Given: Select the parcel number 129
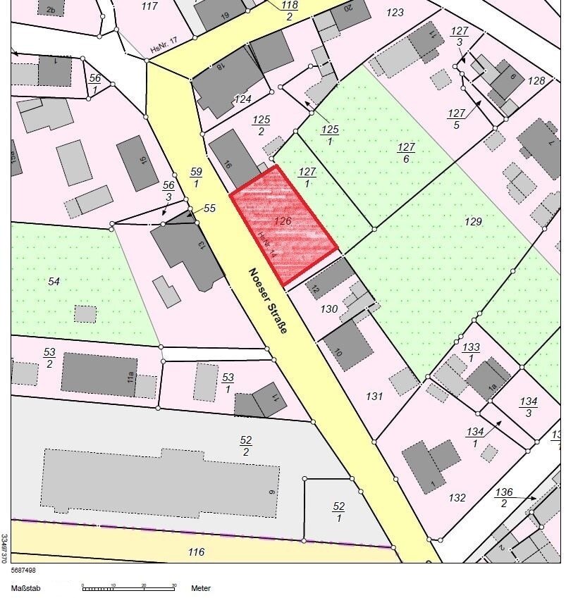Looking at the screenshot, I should [473, 222].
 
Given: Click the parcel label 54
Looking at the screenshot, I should [54, 281].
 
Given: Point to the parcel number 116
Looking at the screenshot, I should [196, 552].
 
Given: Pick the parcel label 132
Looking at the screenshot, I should [457, 497].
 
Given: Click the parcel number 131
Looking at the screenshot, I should [374, 397].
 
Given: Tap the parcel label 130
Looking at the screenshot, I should [329, 309].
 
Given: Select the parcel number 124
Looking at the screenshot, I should [242, 99].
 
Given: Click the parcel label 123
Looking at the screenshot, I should [395, 12].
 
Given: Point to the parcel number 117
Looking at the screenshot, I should [149, 6].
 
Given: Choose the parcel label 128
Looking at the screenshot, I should [536, 80].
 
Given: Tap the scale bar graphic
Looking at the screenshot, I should [128, 586].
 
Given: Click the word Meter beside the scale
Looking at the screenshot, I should [201, 587].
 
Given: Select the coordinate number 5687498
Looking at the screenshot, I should [23, 571].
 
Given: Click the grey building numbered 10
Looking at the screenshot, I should [347, 346].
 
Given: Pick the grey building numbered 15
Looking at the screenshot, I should [137, 163].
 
